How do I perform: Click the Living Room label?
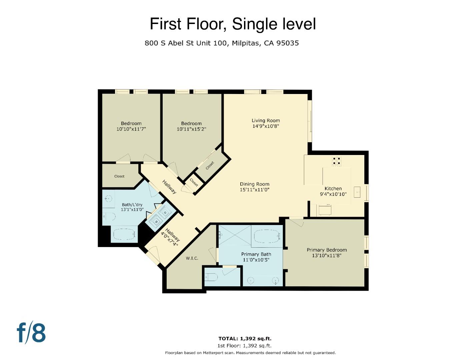coord(265,121)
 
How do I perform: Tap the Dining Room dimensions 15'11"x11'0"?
coord(254,190)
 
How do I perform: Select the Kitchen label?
coord(333,188)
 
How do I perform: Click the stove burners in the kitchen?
coord(336,161)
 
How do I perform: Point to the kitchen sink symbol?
coord(357,192)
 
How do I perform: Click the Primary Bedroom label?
coord(326,250)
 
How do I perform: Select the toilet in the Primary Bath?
coord(212,277)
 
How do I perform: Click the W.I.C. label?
coord(192,258)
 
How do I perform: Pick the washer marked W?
coord(156,221)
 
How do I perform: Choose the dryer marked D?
coord(165,213)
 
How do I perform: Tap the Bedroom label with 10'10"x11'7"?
coord(131,123)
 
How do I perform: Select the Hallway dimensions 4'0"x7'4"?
coord(170,239)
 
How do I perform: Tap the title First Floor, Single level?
coord(232,24)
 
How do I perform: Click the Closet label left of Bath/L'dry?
coord(119,176)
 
